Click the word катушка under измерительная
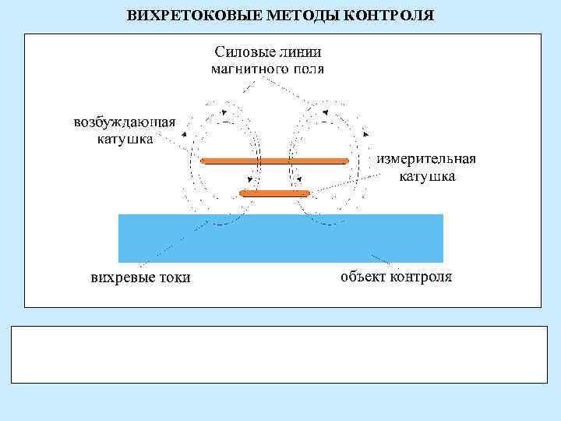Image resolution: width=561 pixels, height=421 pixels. click(427, 176)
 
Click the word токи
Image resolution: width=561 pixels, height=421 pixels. click(171, 278)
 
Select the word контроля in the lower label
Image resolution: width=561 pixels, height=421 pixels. click(421, 277)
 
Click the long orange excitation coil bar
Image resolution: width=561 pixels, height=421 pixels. click(274, 161)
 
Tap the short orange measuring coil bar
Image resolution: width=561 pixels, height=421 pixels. click(275, 193)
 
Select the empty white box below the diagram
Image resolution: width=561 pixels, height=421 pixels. click(280, 354)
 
